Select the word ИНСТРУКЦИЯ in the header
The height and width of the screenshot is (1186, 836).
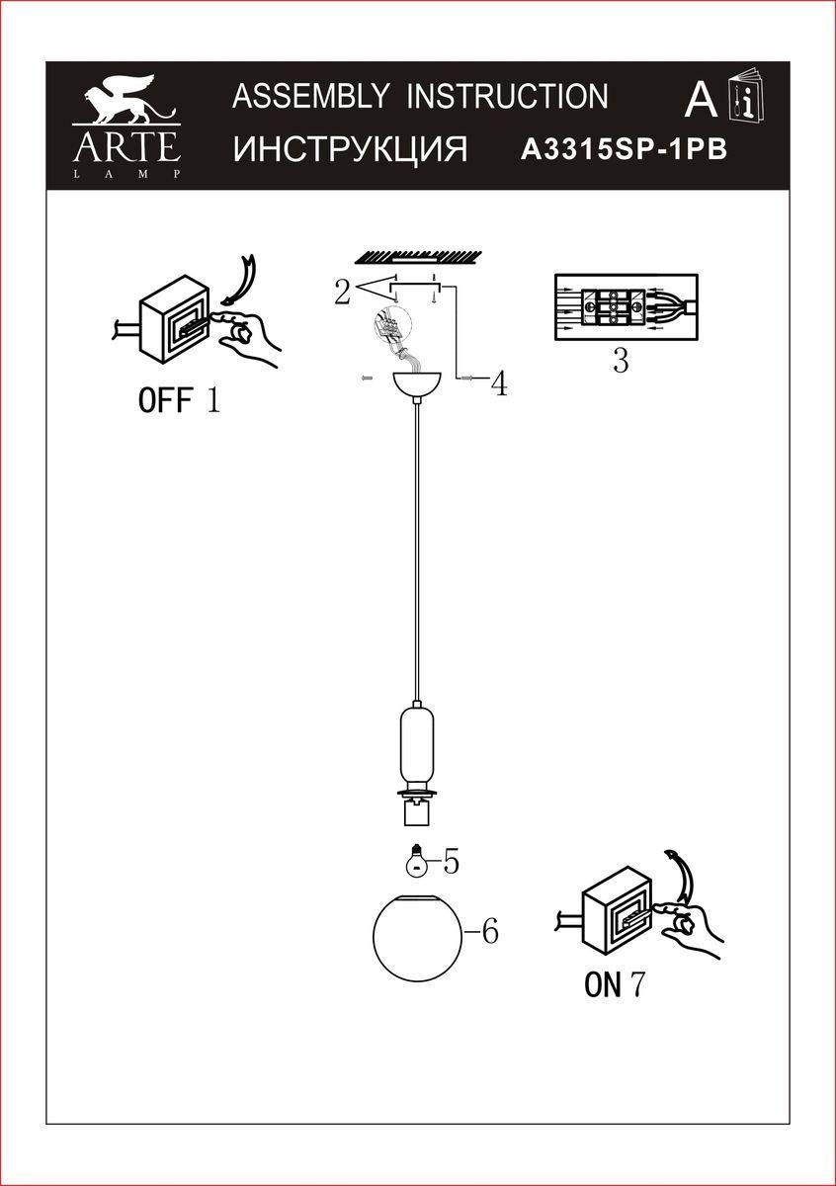pos(350,149)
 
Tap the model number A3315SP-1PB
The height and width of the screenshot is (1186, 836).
pos(623,149)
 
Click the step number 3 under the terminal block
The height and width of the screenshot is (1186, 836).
pos(621,362)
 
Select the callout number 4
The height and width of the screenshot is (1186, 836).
pos(499,383)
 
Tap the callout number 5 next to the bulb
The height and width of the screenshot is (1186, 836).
pos(451,862)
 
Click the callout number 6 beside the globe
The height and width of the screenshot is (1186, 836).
pos(488,931)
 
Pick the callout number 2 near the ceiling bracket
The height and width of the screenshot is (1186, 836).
pos(342,292)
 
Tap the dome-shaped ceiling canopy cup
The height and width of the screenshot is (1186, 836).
pos(417,383)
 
